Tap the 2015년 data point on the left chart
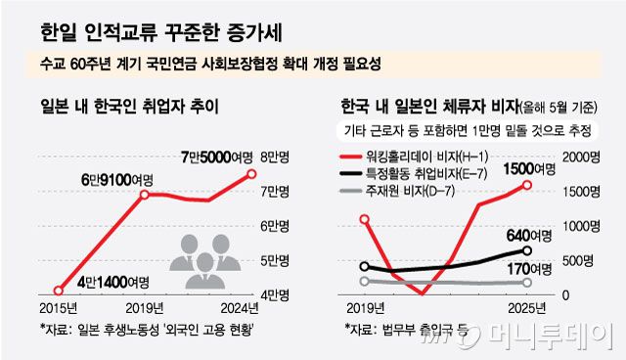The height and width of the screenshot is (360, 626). tap(59, 291)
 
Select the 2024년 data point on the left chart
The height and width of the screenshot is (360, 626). tap(251, 174)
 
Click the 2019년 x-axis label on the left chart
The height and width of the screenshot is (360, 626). tap(145, 306)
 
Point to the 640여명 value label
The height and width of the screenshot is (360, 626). tap(531, 235)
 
